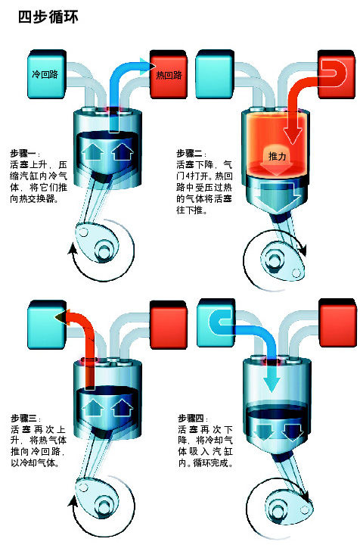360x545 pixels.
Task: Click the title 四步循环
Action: coord(48,17)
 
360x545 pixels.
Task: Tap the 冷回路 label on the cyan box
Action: coord(45,74)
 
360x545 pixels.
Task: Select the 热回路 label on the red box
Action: coord(169,75)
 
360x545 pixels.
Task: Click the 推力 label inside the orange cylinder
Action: coord(277,157)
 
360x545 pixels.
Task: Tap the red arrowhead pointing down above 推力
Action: coord(292,135)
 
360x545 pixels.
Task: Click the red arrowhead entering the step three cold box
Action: coord(62,316)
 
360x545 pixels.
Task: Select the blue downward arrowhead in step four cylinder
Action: coord(271,384)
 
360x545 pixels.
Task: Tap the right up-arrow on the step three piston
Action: coord(123,407)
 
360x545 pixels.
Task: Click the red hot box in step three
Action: coord(169,324)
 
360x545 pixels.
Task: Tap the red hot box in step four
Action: coord(337,322)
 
